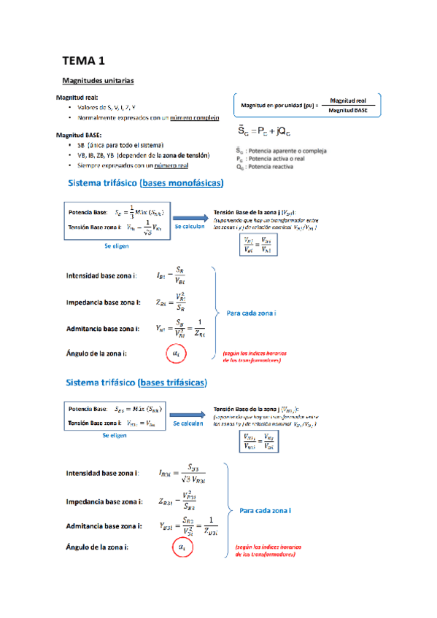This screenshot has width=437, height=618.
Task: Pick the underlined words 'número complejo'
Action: [195, 117]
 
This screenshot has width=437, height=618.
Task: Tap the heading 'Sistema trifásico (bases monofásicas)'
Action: [145, 183]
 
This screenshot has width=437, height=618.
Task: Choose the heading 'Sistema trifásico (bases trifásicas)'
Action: [137, 383]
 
